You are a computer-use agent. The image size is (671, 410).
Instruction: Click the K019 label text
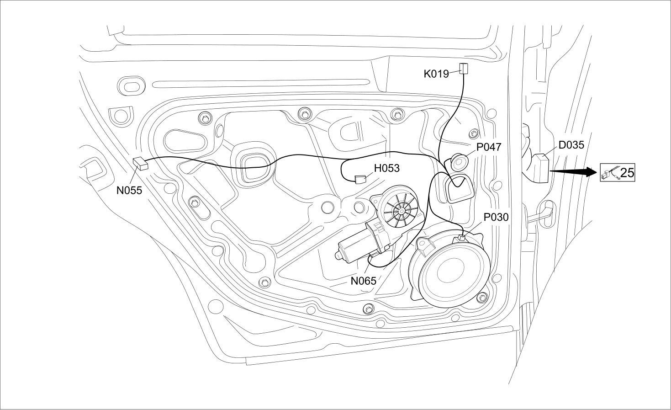436,74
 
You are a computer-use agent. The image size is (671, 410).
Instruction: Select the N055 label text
129,190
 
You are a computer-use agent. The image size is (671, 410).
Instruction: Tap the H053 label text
387,169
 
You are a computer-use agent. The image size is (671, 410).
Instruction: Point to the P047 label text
489,147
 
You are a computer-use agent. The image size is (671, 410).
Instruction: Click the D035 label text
571,145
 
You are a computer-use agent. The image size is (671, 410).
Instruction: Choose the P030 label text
496,217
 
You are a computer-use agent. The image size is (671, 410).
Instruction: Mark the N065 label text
363,281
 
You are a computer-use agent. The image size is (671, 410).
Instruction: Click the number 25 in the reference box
627,173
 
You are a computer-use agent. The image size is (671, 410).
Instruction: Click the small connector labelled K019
464,69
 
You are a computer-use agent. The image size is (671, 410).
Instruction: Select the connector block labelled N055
141,163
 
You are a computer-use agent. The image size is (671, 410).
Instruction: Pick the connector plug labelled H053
360,179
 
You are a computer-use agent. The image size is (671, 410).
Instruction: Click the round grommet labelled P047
459,162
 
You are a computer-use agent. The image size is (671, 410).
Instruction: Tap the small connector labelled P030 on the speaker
461,238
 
